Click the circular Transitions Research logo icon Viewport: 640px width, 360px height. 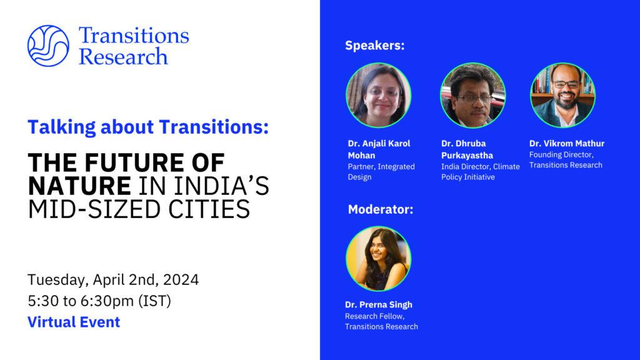tap(48, 46)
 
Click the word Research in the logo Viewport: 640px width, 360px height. tap(123, 56)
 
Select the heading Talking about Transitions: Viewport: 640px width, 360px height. tap(148, 127)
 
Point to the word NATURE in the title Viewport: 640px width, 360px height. tap(79, 186)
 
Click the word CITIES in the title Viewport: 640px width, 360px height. tap(203, 209)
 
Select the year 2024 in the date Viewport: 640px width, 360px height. tap(181, 279)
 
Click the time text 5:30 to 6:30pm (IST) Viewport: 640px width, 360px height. tap(99, 301)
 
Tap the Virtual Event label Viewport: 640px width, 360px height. tap(74, 322)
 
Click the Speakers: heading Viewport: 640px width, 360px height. tap(375, 45)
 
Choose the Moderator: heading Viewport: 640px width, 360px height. tap(381, 209)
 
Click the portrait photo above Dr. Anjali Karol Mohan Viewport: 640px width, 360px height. tap(378, 95)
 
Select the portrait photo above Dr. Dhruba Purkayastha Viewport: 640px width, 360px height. tap(472, 95)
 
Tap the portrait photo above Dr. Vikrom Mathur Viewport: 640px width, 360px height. tap(562, 95)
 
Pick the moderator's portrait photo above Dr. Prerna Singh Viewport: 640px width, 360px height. tap(378, 259)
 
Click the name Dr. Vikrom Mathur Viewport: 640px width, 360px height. tap(567, 143)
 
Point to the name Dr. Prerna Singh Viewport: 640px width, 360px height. tap(378, 304)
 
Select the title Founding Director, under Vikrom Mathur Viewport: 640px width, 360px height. tap(561, 155)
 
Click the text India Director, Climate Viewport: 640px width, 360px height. tap(481, 166)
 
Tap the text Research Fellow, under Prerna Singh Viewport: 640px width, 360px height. tap(375, 316)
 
